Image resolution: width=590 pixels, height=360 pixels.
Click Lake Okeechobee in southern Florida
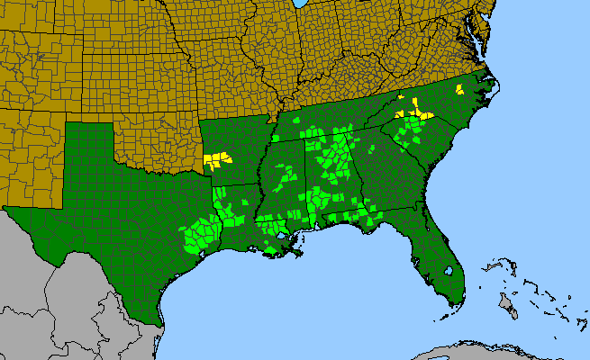[x=448, y=270]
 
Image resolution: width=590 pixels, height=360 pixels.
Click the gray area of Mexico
[x=72, y=306]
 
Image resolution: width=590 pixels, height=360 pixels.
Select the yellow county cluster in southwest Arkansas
[x=216, y=161]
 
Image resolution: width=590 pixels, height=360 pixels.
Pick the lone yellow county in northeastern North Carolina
[x=459, y=89]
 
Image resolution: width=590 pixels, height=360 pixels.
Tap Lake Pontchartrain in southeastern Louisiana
[x=281, y=236]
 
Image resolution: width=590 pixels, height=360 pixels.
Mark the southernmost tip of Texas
[x=159, y=323]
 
